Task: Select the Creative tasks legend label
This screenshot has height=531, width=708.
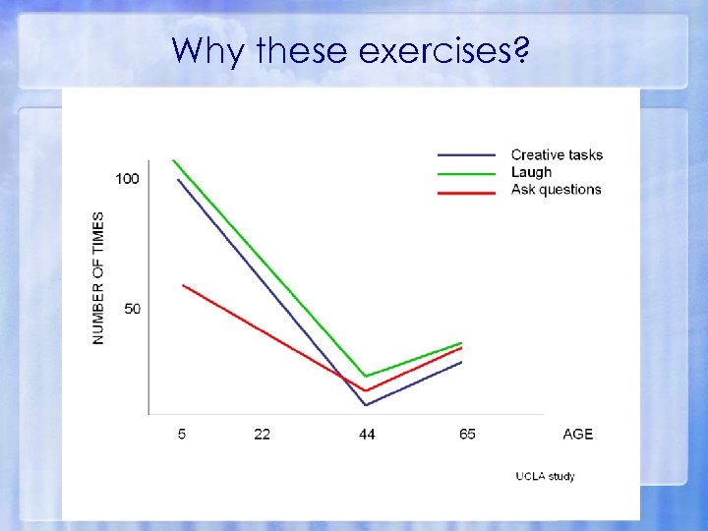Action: [557, 154]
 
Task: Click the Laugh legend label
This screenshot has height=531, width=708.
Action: [531, 172]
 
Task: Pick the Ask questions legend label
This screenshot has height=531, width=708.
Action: [556, 190]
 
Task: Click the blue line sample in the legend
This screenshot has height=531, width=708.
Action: [466, 155]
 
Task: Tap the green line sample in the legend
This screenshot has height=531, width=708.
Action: [466, 173]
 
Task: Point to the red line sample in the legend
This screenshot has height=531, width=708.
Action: [466, 192]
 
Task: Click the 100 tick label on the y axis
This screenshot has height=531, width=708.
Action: [128, 179]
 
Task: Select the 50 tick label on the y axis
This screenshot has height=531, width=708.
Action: [132, 309]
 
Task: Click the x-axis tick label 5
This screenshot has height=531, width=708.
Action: [182, 434]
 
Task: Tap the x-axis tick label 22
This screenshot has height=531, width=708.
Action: [263, 434]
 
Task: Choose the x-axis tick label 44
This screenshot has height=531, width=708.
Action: [367, 434]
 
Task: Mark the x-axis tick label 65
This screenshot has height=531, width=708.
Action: [467, 434]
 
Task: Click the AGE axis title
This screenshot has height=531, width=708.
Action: [578, 434]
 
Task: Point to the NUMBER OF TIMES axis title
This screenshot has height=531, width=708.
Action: [98, 278]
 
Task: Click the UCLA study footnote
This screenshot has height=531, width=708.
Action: [546, 477]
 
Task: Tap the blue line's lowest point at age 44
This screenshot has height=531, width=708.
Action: [366, 405]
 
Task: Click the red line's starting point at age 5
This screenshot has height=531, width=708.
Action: [183, 285]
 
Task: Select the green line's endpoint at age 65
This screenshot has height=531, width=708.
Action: [461, 343]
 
